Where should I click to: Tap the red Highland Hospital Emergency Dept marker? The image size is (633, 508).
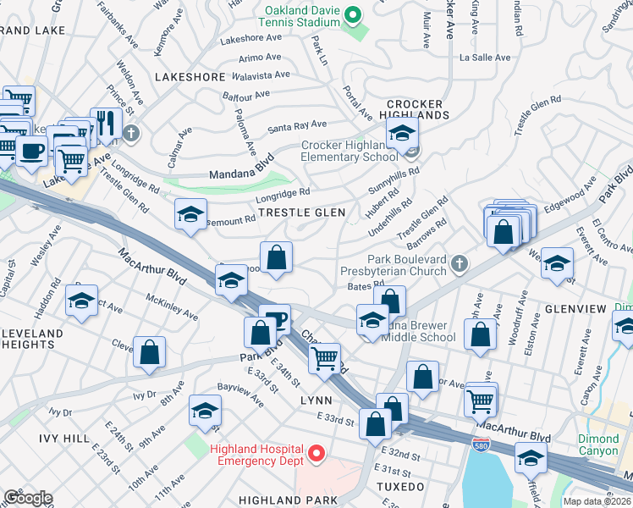[316, 454]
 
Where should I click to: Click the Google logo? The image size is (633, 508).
[27, 498]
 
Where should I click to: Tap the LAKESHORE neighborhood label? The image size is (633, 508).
[190, 77]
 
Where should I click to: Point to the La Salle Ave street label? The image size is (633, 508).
[485, 58]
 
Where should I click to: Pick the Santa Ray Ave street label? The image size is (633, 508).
[297, 125]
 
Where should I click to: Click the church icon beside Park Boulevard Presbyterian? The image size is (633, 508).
[460, 264]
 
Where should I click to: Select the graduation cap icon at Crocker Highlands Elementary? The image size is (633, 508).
[402, 133]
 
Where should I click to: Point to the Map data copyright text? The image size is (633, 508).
[597, 501]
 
